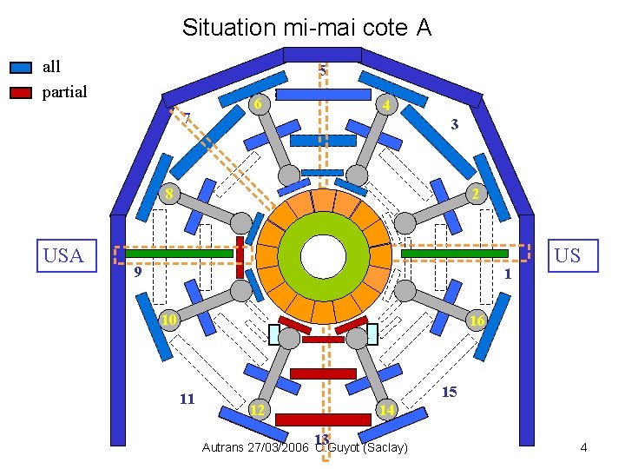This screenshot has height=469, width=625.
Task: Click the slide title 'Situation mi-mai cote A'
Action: pos(306,28)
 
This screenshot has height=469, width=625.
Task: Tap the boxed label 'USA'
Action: pos(63,255)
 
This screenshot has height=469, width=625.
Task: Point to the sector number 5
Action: pos(322,69)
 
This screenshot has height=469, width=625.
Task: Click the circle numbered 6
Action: pos(257,104)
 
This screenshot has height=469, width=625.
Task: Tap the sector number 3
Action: pos(455,125)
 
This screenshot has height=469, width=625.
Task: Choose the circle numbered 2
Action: pos(474,193)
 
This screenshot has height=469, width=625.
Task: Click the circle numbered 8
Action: pos(170,193)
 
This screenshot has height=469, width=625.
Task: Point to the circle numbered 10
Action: pos(169,320)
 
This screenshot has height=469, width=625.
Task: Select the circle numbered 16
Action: pos(476,320)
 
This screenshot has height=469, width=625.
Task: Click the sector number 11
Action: pos(187,399)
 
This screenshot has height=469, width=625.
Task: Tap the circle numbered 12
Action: pos(258,409)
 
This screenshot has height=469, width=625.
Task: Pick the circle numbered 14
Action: pos(387,409)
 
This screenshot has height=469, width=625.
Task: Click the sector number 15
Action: pos(450,392)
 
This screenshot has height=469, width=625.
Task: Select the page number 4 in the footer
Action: pos(584,447)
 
